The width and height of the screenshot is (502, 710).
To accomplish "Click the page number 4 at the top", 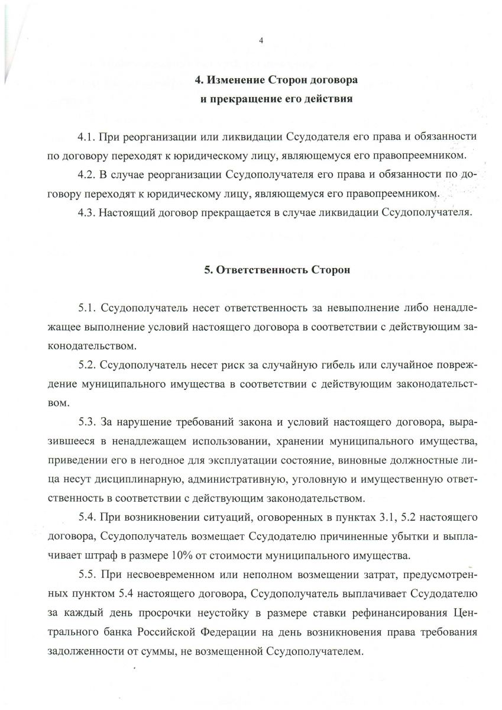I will coord(260,40).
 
